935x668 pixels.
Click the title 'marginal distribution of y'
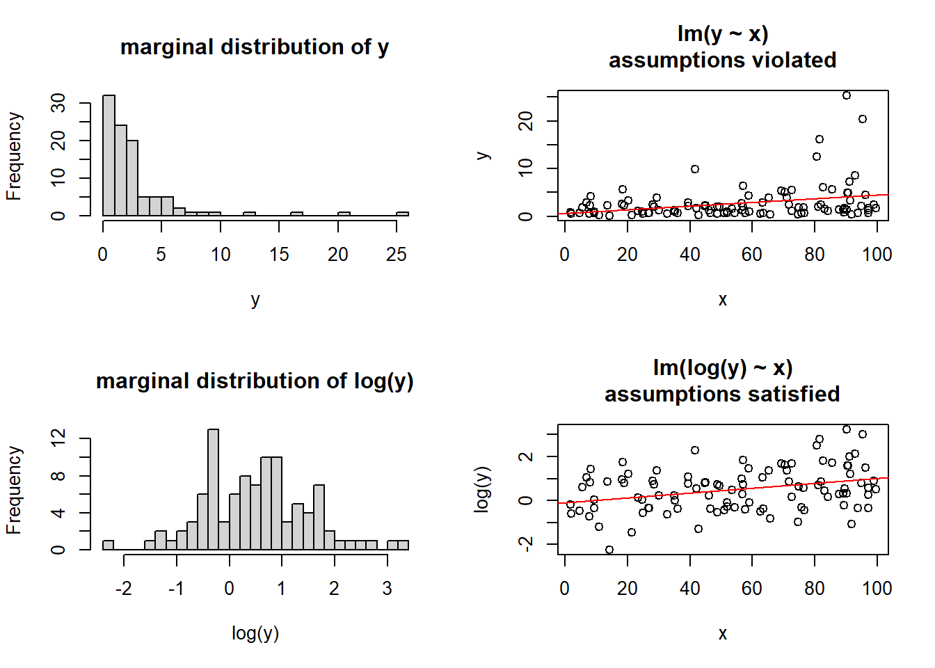click(x=255, y=47)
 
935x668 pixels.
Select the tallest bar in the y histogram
click(x=109, y=155)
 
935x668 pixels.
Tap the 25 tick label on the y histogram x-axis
click(x=397, y=255)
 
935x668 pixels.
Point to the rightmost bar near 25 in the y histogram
click(x=402, y=214)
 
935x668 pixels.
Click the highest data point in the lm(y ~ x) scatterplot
click(x=847, y=95)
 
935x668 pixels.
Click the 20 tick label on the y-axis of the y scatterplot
click(x=527, y=122)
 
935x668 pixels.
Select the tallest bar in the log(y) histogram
click(x=214, y=489)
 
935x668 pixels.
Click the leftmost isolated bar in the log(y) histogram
click(x=108, y=545)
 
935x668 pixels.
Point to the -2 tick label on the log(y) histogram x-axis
click(x=123, y=589)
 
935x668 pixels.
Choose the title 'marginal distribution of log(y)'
click(x=255, y=381)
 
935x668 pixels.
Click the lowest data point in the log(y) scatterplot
click(x=609, y=550)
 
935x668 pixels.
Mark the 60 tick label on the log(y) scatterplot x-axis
click(x=752, y=589)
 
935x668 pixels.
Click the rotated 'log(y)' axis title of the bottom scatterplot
click(x=482, y=489)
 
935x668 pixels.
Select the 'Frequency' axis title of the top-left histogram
click(x=14, y=157)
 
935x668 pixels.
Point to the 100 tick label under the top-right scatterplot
click(x=877, y=255)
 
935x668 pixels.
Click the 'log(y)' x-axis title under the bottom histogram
click(x=255, y=633)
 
